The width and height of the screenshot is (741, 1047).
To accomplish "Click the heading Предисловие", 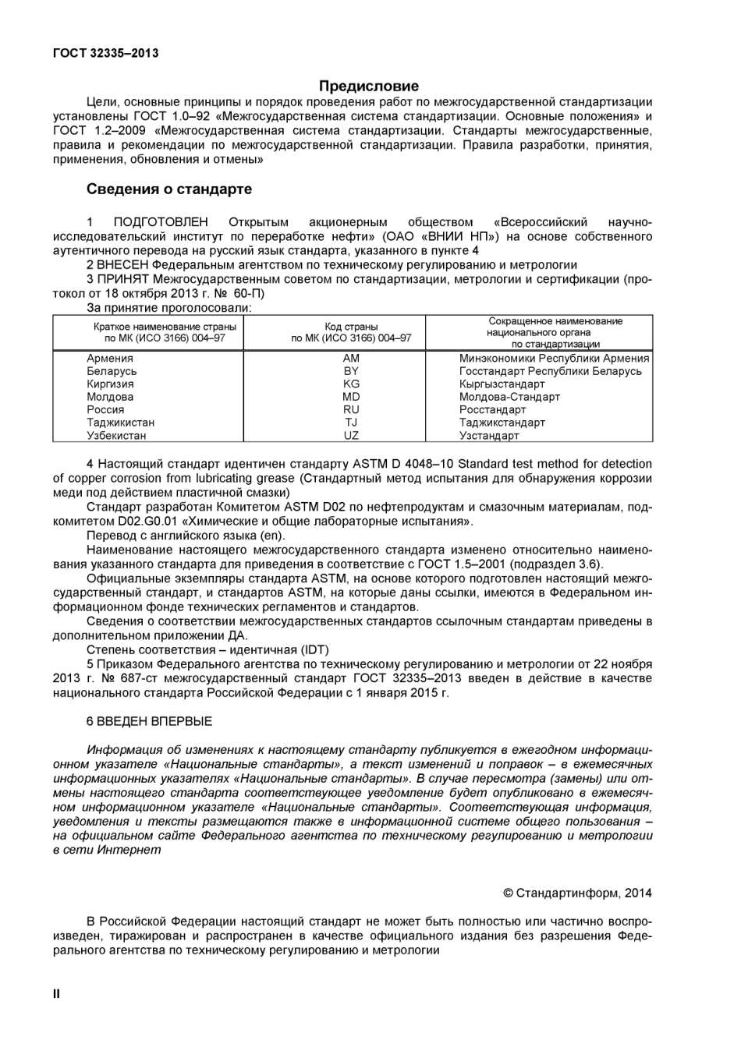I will click(369, 87).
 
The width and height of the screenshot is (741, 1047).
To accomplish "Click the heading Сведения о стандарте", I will click(168, 189).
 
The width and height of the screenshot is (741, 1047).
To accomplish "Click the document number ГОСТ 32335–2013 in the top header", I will click(105, 53).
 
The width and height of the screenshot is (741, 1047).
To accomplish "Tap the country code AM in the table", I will click(351, 359).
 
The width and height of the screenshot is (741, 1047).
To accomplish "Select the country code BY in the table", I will click(351, 371).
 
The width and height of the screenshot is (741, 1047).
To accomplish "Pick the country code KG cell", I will click(351, 384).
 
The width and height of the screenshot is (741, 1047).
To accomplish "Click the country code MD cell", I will click(351, 397).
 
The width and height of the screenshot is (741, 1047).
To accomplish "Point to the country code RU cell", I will click(351, 410).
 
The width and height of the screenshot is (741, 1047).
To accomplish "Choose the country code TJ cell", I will click(351, 423).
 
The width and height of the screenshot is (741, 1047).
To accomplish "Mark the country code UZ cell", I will click(351, 436).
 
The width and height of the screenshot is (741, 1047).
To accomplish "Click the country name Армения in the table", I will click(110, 359).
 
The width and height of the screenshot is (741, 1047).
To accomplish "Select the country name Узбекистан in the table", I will click(116, 436).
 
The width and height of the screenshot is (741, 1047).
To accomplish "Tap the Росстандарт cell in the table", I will click(492, 410).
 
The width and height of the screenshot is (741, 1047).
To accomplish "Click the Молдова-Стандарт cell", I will click(509, 397).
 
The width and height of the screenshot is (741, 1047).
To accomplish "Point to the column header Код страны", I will click(351, 327).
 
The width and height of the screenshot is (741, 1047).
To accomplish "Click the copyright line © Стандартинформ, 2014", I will click(577, 893).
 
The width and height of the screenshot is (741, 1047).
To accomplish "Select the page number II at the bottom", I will click(56, 994).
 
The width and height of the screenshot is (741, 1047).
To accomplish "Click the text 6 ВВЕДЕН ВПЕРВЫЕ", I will click(149, 722).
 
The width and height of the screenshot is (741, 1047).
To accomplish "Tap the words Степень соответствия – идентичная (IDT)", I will click(207, 650).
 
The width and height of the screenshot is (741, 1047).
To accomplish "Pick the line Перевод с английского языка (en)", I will click(186, 536).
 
